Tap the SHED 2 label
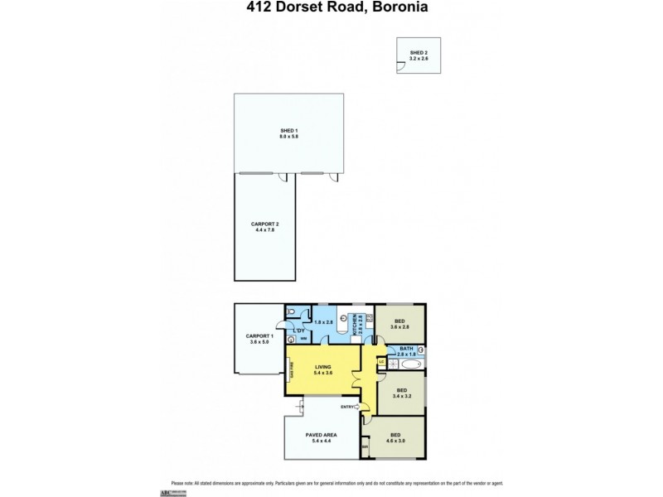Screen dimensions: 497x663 click(x=419, y=53)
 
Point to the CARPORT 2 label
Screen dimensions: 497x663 click(x=266, y=224)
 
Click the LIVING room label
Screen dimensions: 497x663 click(x=325, y=369)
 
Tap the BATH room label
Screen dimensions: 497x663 click(x=406, y=349)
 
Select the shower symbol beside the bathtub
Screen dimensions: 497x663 click(x=393, y=362)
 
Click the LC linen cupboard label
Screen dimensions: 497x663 click(x=381, y=360)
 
